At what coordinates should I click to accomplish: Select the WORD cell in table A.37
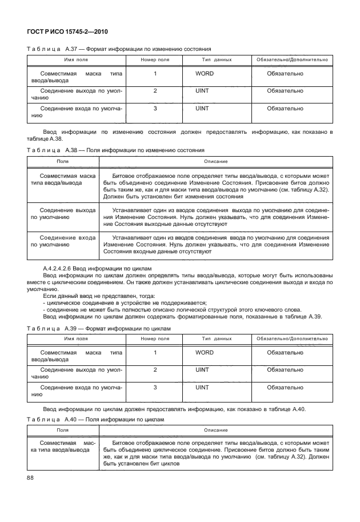[205, 74]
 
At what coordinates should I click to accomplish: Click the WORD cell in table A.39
[205, 353]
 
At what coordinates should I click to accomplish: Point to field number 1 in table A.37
[155, 74]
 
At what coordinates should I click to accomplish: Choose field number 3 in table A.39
[155, 388]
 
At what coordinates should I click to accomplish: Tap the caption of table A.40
[95, 419]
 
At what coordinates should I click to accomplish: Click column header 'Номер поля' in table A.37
[155, 59]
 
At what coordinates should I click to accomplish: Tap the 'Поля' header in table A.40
[63, 430]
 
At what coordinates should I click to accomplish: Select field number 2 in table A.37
[155, 91]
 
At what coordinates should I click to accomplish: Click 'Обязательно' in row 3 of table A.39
[285, 388]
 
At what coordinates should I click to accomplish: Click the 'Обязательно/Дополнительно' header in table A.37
[292, 59]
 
